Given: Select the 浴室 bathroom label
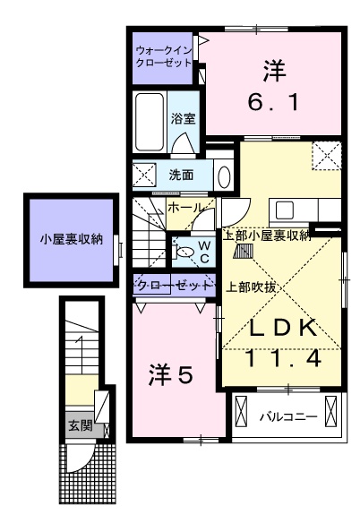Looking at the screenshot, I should [x=184, y=117].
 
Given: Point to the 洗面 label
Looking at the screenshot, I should [x=182, y=175].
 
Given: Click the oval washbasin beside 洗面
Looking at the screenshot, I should [x=223, y=175].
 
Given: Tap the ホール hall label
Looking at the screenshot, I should [x=184, y=208].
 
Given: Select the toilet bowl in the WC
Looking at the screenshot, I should [x=185, y=253].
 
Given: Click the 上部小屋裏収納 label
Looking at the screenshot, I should [x=266, y=236].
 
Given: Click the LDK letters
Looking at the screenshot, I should [x=282, y=329].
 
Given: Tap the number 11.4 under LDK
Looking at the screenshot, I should [x=282, y=359].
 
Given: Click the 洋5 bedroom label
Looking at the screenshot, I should [x=170, y=376].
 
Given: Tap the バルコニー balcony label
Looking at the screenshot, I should [x=287, y=416].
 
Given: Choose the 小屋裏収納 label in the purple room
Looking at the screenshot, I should [x=71, y=239].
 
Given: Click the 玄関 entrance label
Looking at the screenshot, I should [x=80, y=424].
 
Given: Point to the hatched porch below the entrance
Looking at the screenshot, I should [x=90, y=474].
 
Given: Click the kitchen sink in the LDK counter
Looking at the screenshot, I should [x=286, y=210].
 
